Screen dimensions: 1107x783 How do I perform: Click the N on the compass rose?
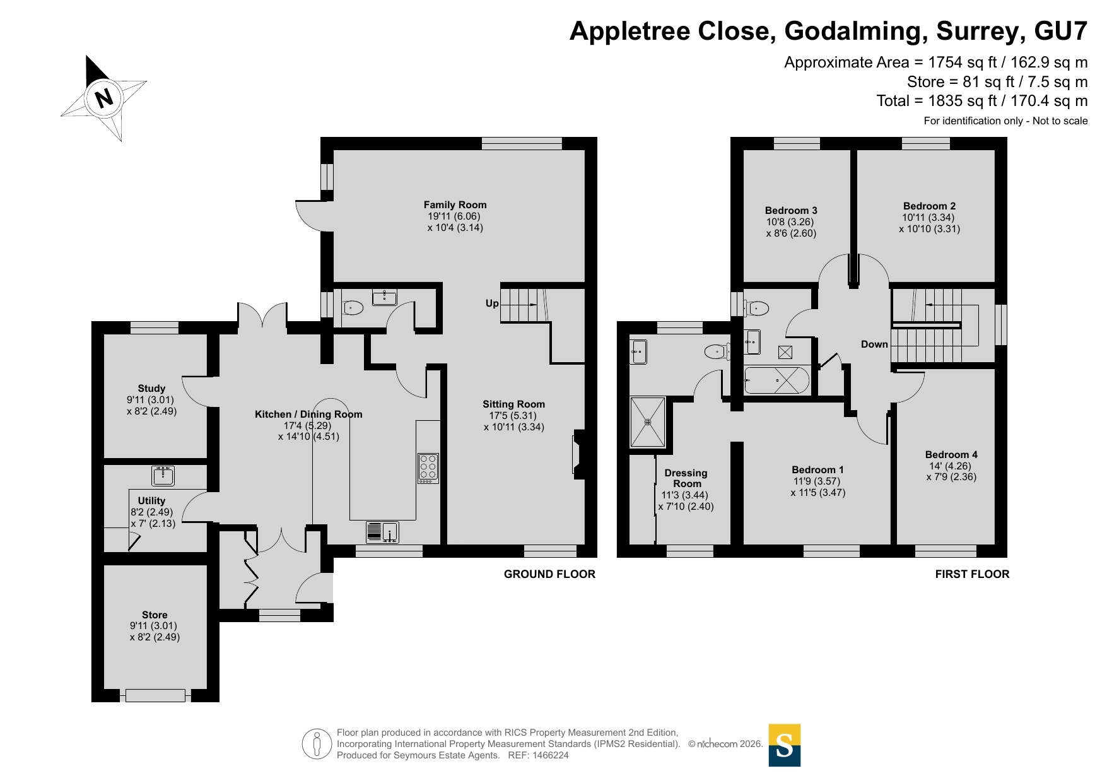(103, 98)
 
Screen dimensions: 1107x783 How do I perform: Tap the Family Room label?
(455, 204)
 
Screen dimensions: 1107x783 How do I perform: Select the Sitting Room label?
(513, 404)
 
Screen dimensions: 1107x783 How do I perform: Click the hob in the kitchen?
(428, 468)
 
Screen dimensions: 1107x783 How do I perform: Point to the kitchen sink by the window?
(382, 532)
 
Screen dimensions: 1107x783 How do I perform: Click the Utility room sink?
(163, 475)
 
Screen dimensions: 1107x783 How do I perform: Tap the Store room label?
(155, 615)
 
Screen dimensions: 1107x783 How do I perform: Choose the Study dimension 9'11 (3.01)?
(150, 399)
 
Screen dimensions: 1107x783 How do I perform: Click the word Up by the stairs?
(492, 303)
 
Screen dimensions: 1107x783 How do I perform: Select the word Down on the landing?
(874, 344)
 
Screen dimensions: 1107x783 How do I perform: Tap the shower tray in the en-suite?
(648, 422)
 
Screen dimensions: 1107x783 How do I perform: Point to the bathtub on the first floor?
(777, 380)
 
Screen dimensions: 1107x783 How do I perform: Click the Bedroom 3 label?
(791, 210)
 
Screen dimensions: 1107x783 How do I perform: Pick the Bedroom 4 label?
(951, 454)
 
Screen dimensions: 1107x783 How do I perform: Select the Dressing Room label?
(686, 478)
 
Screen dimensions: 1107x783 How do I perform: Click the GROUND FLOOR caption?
(549, 574)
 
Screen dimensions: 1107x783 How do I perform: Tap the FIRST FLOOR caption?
(972, 574)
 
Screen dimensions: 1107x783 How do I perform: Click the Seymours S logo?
(785, 745)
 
